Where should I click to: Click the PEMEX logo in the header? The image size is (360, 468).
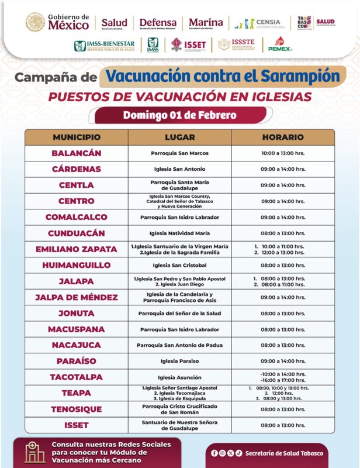click(280, 44)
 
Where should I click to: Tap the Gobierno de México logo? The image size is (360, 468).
click(57, 23)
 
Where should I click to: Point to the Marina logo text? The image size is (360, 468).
click(206, 23)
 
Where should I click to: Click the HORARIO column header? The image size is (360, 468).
click(283, 137)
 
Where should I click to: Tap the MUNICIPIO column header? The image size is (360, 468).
click(77, 137)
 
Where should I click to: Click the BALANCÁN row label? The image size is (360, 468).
click(77, 153)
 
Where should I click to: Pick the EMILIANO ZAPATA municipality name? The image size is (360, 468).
click(77, 249)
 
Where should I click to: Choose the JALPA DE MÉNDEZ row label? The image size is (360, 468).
click(77, 297)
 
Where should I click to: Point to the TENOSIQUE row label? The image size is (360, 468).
click(77, 409)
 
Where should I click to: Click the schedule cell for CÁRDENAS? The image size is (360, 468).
click(283, 169)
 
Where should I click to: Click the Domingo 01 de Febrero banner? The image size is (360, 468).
click(179, 115)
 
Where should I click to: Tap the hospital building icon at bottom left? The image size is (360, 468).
click(34, 452)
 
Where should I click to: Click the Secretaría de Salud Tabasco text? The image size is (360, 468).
click(283, 453)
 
